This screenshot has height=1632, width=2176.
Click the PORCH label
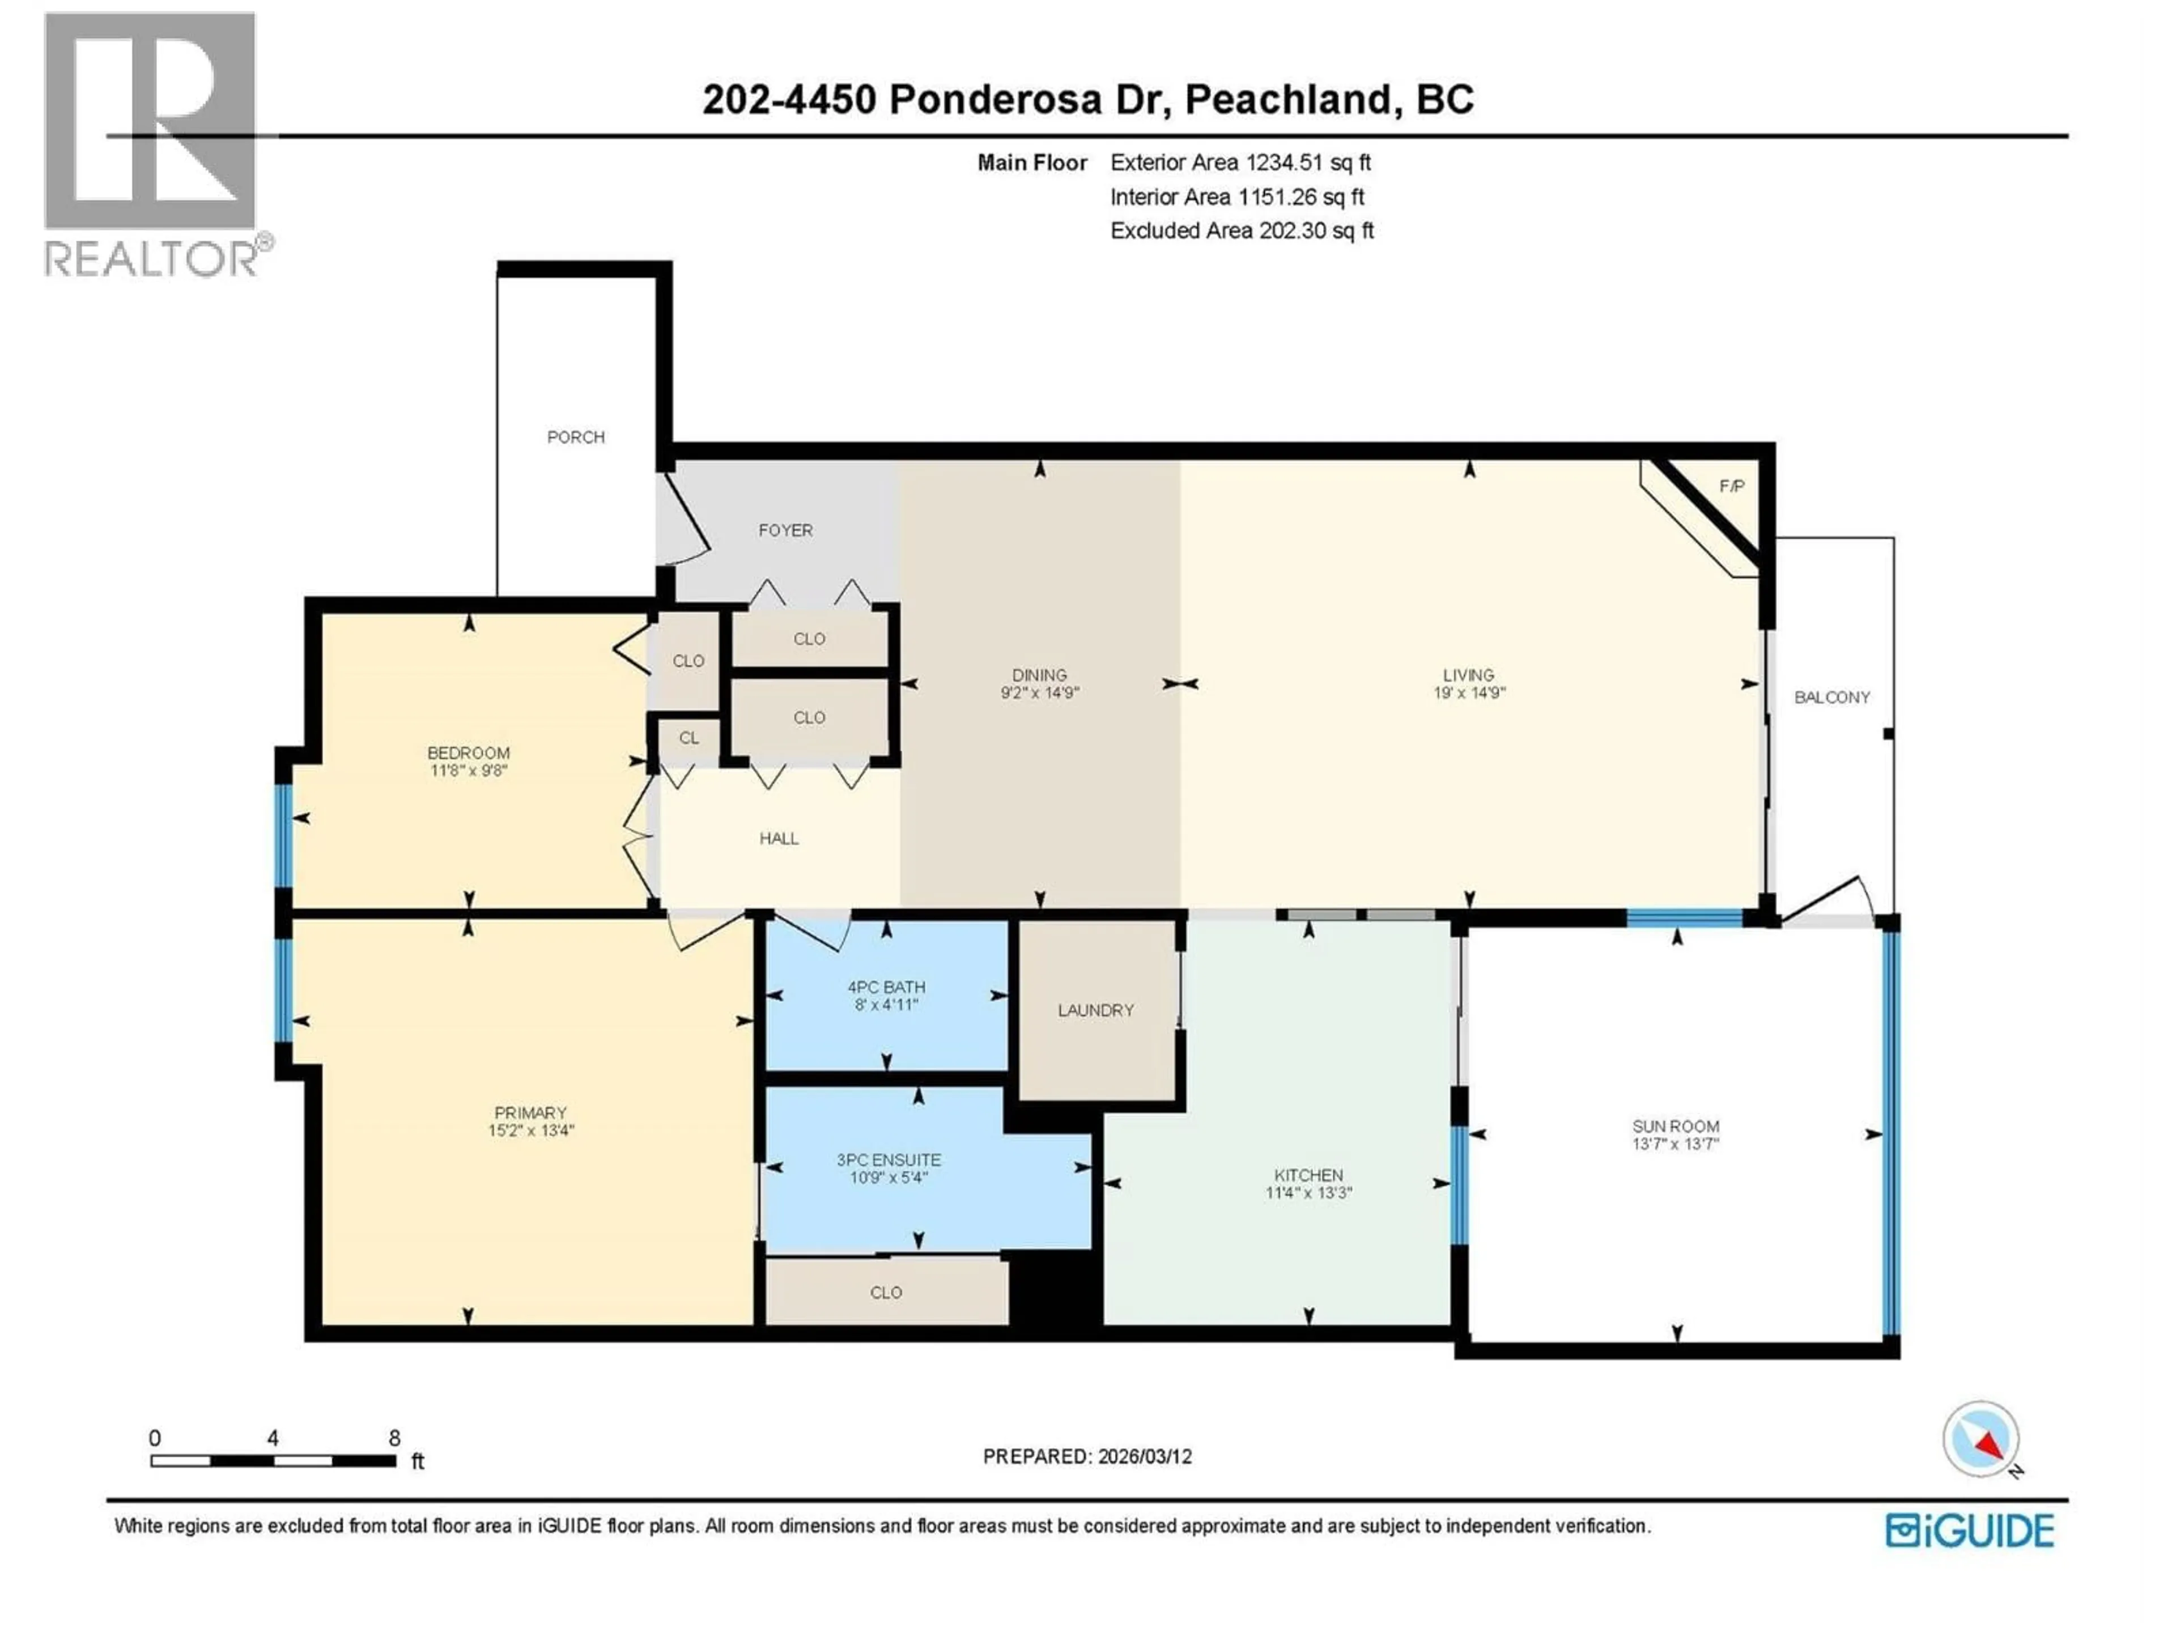(576, 437)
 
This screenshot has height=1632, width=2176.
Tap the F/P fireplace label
(1731, 486)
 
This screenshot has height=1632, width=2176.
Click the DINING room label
(1039, 675)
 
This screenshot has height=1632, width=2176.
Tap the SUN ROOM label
(1675, 1127)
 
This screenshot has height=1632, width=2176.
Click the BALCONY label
(1831, 698)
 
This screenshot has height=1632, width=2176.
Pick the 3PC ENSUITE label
(889, 1160)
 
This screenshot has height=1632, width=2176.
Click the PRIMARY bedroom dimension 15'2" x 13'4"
(530, 1131)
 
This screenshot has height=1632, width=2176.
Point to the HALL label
(778, 838)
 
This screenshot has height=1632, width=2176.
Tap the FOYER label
(785, 530)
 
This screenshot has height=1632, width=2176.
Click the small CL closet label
(688, 738)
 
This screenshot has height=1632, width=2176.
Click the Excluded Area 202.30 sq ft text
(1242, 230)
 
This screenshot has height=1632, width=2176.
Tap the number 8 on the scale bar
(394, 1438)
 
